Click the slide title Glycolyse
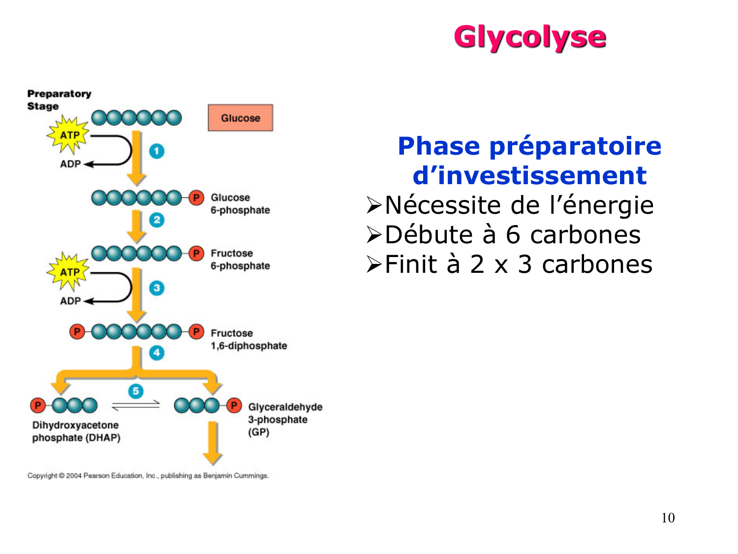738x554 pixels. (x=529, y=37)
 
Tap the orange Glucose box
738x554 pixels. (x=240, y=118)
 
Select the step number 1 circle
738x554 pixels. (x=156, y=151)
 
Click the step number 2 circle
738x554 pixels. (x=156, y=220)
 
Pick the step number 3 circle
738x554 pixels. (x=156, y=288)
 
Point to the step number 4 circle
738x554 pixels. (x=156, y=353)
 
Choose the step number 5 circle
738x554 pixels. (x=136, y=391)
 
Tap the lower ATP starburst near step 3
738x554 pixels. (x=69, y=272)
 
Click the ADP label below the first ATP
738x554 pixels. (x=70, y=164)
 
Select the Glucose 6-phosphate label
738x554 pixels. (x=240, y=204)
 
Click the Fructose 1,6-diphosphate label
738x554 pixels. (x=248, y=339)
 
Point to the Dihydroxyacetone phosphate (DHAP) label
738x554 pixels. (x=76, y=431)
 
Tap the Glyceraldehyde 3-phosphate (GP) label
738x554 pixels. (x=285, y=420)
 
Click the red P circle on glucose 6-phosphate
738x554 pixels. (x=196, y=198)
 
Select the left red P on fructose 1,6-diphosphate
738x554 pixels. (x=77, y=332)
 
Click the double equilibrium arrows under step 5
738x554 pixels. (x=136, y=405)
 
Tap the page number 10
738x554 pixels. (x=668, y=518)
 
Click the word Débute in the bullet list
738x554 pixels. (x=429, y=235)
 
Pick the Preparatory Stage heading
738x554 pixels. (x=59, y=100)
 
